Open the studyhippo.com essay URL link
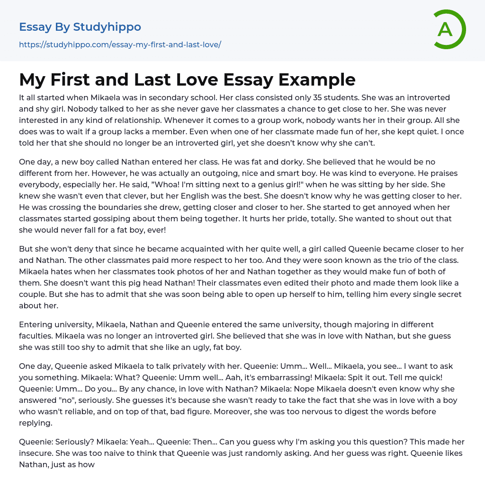pyautogui.click(x=120, y=45)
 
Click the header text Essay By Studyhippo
pyautogui.click(x=80, y=27)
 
